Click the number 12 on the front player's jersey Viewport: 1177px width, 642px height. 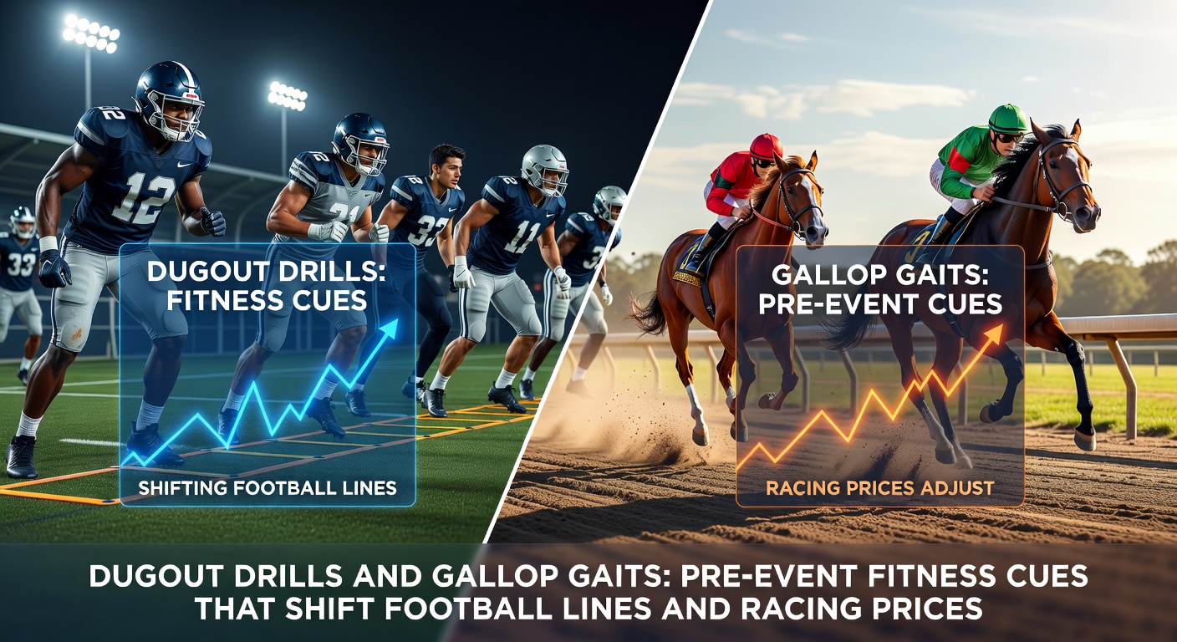(144, 198)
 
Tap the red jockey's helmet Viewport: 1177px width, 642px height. (766, 146)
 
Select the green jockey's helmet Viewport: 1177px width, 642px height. (1007, 119)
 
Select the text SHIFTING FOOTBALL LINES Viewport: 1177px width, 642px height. (267, 488)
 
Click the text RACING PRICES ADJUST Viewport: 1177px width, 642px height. (879, 488)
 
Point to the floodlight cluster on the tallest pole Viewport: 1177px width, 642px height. (91, 33)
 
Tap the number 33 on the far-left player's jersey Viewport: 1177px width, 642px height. (21, 264)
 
